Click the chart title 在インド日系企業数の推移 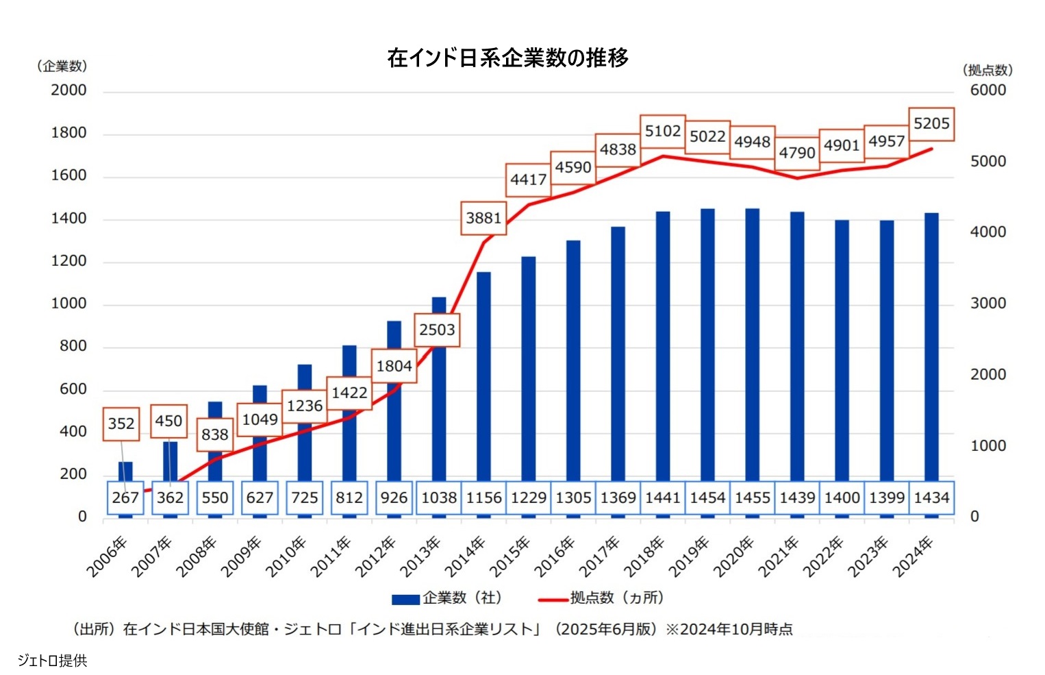point(507,58)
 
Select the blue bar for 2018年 point(663,343)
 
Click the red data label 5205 point(931,124)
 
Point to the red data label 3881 point(484,219)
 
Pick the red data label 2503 point(437,330)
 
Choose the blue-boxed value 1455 point(753,498)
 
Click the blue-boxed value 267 point(125,498)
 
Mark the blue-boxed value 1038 point(439,498)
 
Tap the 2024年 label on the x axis point(914,556)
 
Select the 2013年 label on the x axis point(420,556)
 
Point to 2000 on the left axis point(68,90)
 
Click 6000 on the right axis point(987,90)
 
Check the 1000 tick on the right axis point(987,446)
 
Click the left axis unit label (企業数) point(62,66)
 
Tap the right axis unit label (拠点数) point(987,70)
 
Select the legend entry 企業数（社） point(448,598)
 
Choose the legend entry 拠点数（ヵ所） point(603,598)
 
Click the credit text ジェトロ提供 point(53,661)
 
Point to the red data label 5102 point(663,132)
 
